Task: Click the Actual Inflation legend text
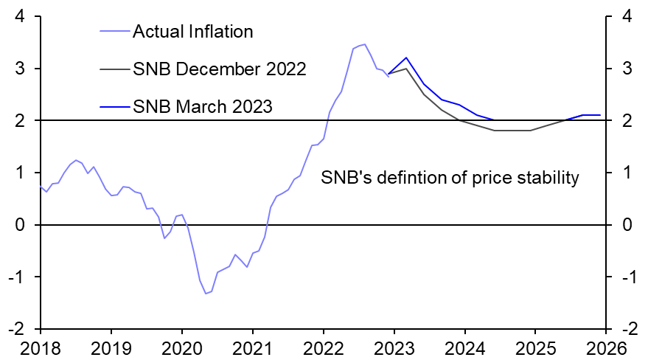192,32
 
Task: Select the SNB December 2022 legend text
219,69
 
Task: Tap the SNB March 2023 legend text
203,106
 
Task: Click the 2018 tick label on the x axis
40,347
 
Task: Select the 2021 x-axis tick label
252,347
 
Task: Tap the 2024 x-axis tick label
464,347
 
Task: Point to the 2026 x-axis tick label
606,347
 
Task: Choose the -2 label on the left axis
21,329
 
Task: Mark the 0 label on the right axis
626,225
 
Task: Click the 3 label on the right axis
626,69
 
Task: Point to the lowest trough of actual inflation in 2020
206,294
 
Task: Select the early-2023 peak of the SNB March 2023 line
406,58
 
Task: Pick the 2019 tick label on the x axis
111,347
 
